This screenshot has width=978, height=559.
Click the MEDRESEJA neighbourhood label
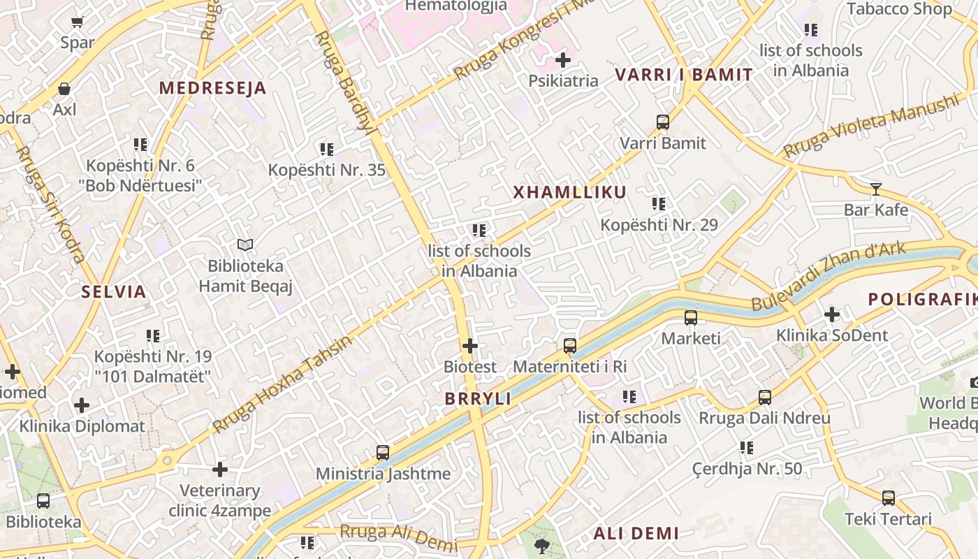click(212, 88)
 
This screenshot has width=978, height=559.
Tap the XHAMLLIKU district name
click(569, 193)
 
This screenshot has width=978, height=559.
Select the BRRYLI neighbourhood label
click(478, 399)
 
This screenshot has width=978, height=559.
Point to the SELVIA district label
click(114, 292)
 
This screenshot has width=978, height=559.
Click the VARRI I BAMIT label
click(684, 75)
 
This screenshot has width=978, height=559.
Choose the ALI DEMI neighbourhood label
click(636, 534)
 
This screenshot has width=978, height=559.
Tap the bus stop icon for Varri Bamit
click(663, 122)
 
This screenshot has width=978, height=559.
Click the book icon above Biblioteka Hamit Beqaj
click(245, 245)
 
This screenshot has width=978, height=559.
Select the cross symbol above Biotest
click(470, 346)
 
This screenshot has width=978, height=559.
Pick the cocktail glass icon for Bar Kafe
click(875, 189)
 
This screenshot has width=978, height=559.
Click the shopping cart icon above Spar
click(77, 22)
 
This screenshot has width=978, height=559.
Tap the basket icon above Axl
click(64, 89)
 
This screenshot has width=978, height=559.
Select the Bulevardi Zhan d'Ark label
click(829, 276)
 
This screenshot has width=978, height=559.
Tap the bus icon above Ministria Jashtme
click(383, 452)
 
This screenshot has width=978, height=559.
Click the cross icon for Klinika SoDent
click(832, 314)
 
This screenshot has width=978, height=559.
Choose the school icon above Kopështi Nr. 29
click(659, 204)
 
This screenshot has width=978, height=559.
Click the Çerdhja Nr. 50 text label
click(747, 468)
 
